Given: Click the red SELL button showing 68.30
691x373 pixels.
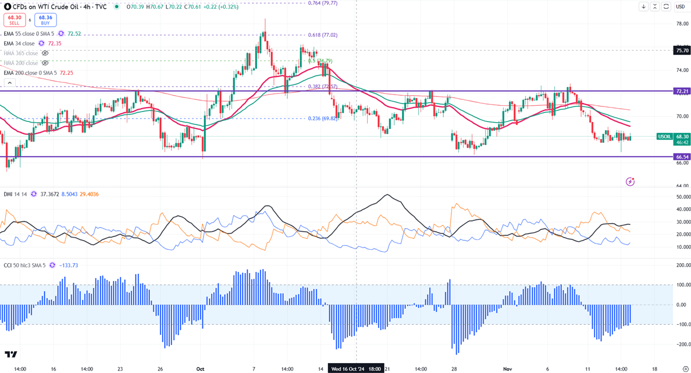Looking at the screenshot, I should (x=15, y=20).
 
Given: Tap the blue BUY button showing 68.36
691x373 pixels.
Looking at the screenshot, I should (x=45, y=20).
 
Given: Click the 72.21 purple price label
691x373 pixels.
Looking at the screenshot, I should (x=682, y=91).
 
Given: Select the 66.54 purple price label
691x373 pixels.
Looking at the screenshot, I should (x=682, y=157).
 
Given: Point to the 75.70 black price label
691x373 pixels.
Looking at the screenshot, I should (x=682, y=51).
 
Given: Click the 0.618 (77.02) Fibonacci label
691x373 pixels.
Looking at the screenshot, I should (x=322, y=35).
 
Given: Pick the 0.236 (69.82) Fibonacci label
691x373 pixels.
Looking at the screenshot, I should (x=322, y=119).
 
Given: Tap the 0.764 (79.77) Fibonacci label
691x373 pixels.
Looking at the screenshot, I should (x=322, y=3).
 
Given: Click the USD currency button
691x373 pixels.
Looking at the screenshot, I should (x=680, y=7).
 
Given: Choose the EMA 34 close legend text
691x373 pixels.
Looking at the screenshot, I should (x=19, y=44).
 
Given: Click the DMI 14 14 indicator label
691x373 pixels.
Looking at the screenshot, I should (x=16, y=194).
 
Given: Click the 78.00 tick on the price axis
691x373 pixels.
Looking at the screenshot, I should (x=682, y=24).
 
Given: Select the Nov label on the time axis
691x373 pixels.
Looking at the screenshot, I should (x=508, y=369).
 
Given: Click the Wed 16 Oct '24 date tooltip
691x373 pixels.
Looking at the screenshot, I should (x=356, y=369).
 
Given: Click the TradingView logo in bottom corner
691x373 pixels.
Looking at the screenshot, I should (x=10, y=354).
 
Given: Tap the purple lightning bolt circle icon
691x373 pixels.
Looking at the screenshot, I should (x=630, y=182).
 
